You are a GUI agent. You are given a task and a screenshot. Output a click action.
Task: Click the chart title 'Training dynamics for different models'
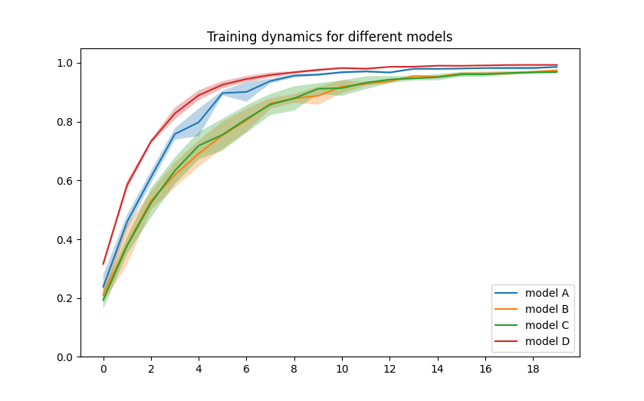coord(330,37)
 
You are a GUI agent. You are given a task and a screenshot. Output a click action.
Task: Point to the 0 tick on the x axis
coord(103,370)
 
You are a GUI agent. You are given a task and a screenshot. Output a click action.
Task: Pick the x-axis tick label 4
coord(199,370)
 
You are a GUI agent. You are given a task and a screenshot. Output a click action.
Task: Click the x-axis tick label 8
coord(294,370)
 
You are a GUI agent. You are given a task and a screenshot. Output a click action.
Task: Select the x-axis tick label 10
coord(342,370)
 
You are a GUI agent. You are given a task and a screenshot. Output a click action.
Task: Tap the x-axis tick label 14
coord(438,370)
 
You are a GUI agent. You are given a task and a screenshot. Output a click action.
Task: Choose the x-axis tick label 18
coord(533,370)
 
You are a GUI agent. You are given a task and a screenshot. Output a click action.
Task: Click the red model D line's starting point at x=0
coord(103,265)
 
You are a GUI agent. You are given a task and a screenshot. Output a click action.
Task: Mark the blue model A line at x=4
coord(199,122)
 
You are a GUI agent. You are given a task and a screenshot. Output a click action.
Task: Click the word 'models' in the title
coord(432,37)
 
